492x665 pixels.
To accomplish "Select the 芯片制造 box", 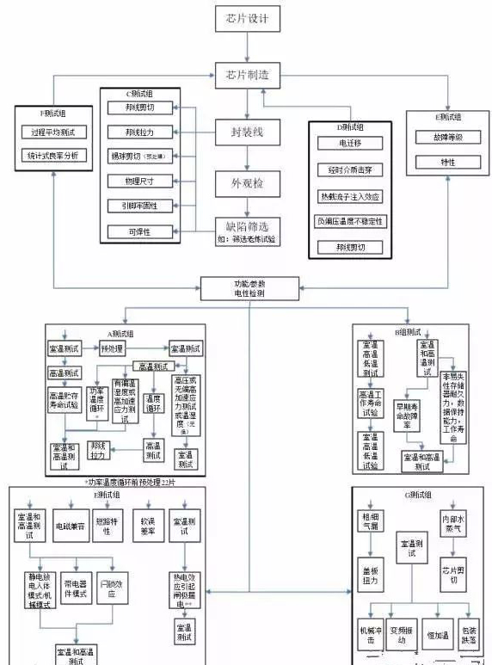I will click(248, 76).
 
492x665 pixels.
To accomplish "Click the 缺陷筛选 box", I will click(248, 229).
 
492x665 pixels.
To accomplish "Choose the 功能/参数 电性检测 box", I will click(249, 286).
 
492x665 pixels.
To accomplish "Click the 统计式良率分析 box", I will click(53, 156).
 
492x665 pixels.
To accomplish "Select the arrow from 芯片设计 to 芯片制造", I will click(248, 47).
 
